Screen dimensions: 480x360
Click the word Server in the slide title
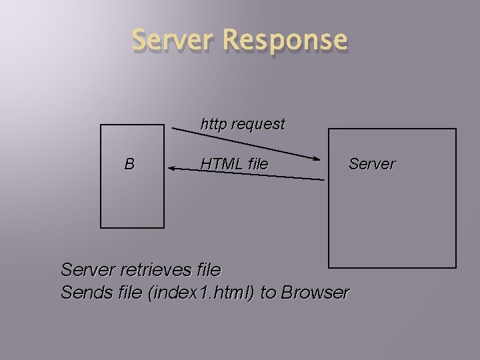(174, 40)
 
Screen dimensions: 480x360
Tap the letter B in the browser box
(129, 164)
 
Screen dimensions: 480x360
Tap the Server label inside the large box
(372, 163)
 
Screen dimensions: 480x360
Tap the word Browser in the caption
(315, 292)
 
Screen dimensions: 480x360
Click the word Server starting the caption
(87, 270)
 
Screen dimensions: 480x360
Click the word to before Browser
(268, 292)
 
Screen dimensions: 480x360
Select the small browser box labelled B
(132, 200)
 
